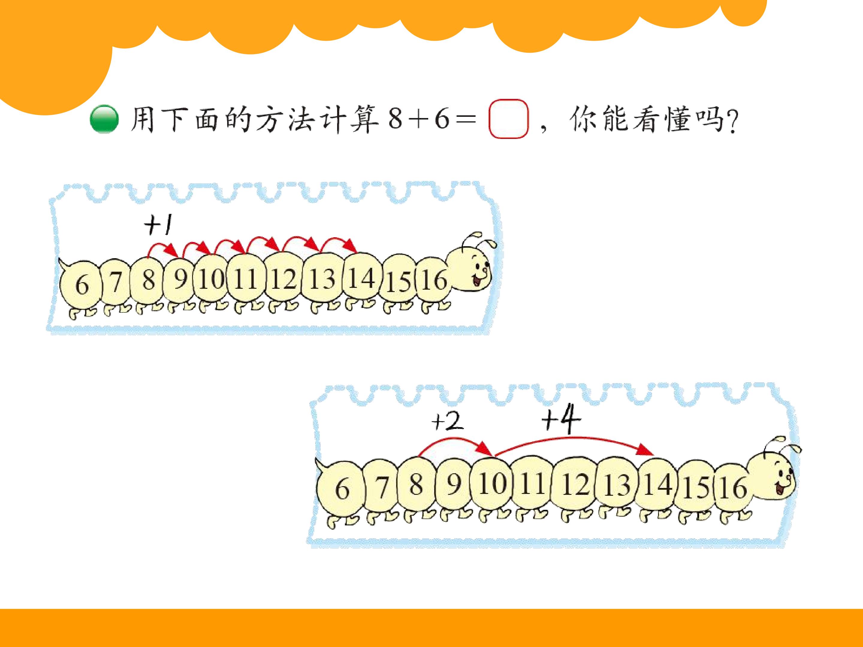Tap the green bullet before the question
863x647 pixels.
[x=104, y=120]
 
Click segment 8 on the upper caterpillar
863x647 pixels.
[x=148, y=280]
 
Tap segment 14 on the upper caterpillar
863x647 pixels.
[x=362, y=278]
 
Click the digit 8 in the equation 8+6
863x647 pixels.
[x=395, y=119]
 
